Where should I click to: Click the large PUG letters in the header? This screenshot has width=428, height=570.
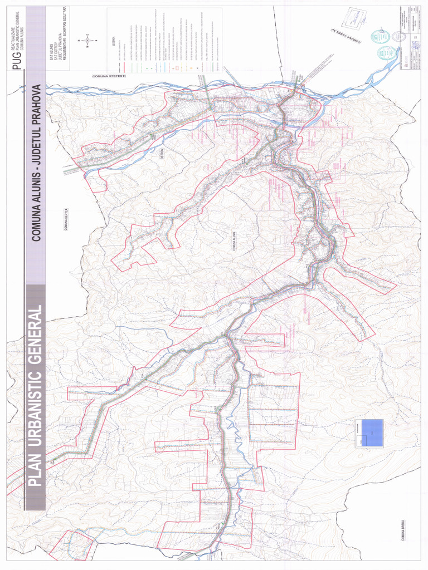point(17,60)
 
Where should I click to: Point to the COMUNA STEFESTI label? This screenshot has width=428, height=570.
point(109,76)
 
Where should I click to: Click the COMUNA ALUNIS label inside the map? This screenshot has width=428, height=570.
point(235,242)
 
